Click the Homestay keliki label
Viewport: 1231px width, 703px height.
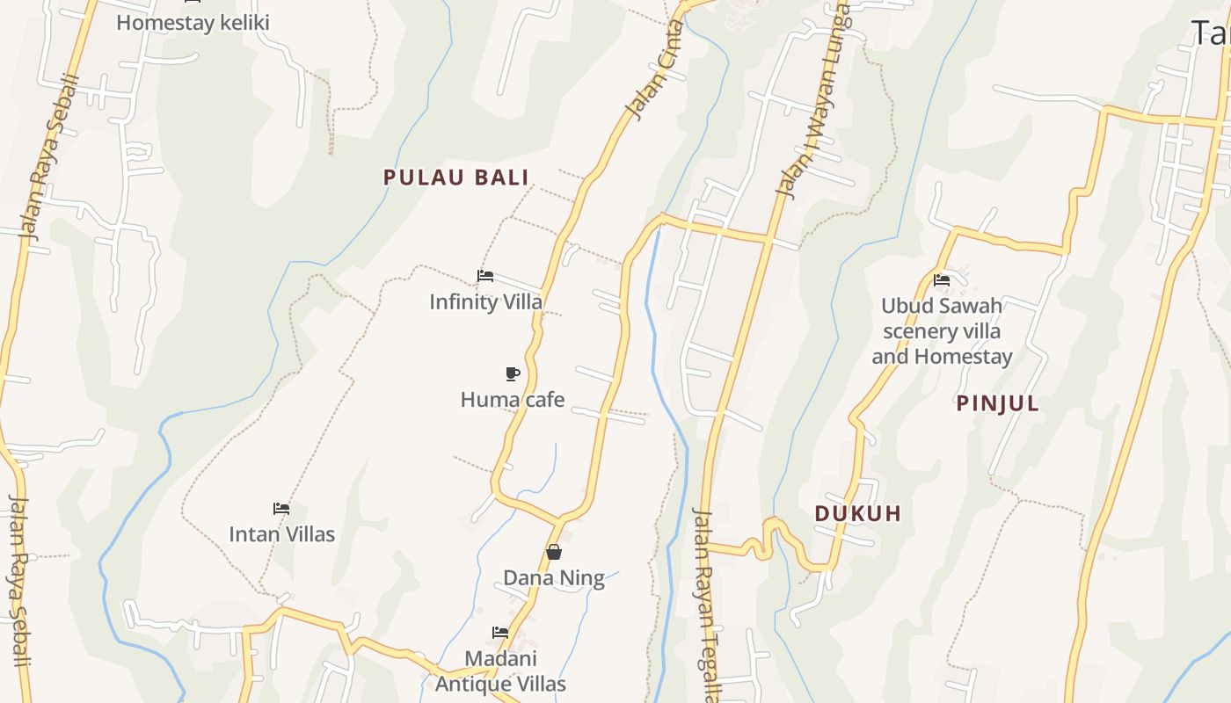tap(193, 23)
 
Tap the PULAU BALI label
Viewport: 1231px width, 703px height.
tap(456, 178)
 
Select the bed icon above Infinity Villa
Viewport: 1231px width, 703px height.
tap(484, 276)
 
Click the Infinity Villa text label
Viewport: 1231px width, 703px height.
tap(485, 301)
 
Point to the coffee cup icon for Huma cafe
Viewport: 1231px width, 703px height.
tap(513, 373)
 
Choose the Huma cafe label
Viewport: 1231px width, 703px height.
tap(513, 400)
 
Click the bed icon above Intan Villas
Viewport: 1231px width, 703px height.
tap(281, 509)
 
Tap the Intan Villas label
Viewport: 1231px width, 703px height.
tap(281, 534)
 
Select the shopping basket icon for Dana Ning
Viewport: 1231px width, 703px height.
tap(554, 552)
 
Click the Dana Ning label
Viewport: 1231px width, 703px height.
tap(554, 578)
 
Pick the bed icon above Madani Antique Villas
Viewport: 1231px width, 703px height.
tap(500, 633)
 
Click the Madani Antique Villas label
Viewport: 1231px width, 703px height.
tap(500, 670)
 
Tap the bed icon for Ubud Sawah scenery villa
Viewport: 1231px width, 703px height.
tap(942, 281)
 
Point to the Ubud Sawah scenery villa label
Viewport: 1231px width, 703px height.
tap(942, 331)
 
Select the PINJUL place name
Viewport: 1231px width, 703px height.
tap(998, 404)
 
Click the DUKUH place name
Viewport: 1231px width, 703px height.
tap(858, 514)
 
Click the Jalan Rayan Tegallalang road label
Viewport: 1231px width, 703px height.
tap(707, 606)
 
